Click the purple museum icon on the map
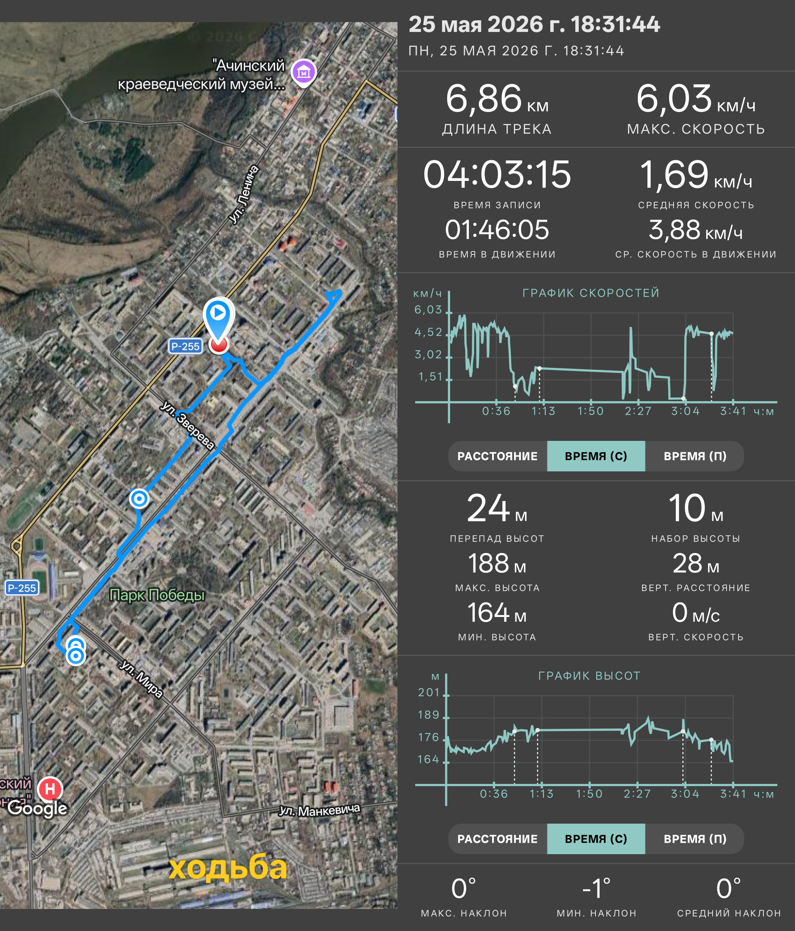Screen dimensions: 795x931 [x=304, y=72]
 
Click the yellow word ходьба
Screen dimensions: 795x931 [x=228, y=867]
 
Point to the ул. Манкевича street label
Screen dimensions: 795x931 [x=319, y=810]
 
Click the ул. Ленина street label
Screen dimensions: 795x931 [x=244, y=194]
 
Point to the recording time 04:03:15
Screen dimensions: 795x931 [x=497, y=174]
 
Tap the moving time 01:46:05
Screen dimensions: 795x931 [x=497, y=229]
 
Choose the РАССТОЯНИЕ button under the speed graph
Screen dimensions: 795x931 [x=497, y=456]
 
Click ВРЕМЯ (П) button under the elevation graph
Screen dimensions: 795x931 [x=695, y=839]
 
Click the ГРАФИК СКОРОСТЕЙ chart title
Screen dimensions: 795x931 [x=591, y=293]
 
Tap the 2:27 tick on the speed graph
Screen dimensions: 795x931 [x=637, y=411]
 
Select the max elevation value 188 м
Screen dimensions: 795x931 [x=497, y=563]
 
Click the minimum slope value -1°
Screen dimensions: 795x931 [x=596, y=889]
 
